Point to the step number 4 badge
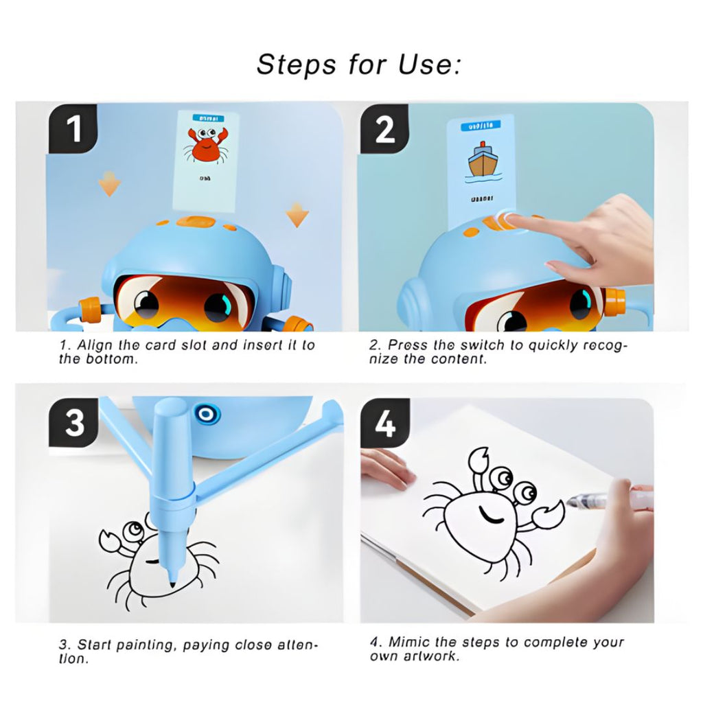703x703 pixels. pos(385,424)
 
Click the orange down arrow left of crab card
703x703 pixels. pos(108,183)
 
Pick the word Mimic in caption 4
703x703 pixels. pos(408,642)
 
